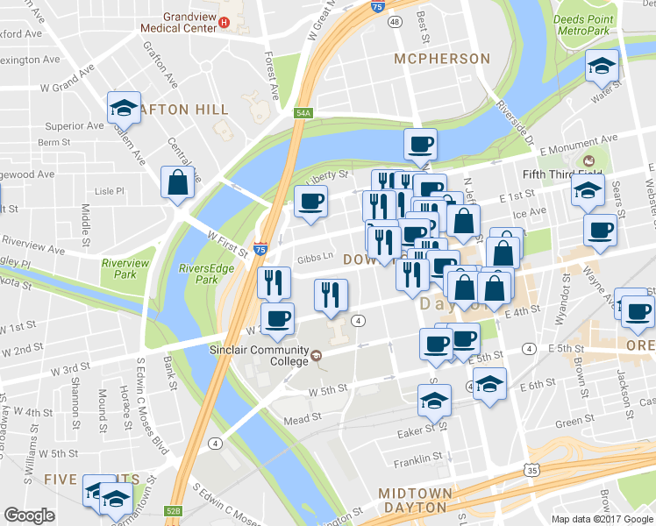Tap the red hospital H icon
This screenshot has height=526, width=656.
(225, 22)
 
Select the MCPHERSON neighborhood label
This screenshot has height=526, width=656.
(442, 59)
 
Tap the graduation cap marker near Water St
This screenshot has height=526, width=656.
(602, 65)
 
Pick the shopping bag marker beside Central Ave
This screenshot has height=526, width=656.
(178, 182)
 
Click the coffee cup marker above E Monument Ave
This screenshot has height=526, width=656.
(419, 143)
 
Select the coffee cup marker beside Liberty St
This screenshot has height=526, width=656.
(310, 202)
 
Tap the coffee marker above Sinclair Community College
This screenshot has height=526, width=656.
(277, 317)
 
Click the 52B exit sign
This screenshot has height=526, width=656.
(174, 510)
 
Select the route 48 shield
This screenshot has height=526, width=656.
(396, 21)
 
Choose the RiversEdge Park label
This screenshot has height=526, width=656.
(198, 274)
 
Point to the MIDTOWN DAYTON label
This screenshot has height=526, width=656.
(416, 501)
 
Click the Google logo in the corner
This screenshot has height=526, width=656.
(29, 515)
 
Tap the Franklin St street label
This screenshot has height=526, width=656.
(417, 458)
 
